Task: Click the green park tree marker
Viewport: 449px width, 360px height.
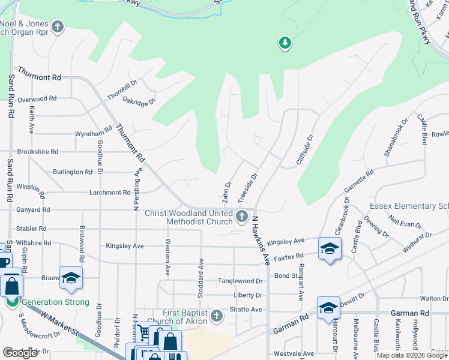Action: pyautogui.click(x=285, y=43)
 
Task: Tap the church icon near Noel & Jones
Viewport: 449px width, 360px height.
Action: pyautogui.click(x=58, y=27)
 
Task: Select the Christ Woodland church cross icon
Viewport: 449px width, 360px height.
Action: pyautogui.click(x=242, y=217)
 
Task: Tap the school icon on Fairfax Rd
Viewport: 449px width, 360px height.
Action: pyautogui.click(x=330, y=250)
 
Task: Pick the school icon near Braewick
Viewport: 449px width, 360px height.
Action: pyautogui.click(x=71, y=278)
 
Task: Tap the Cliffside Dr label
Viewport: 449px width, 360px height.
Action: pyautogui.click(x=306, y=149)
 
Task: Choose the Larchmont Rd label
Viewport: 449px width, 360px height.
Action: pyautogui.click(x=110, y=193)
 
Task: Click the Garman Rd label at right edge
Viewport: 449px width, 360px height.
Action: pyautogui.click(x=411, y=313)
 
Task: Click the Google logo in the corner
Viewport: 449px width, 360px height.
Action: pyautogui.click(x=20, y=352)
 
